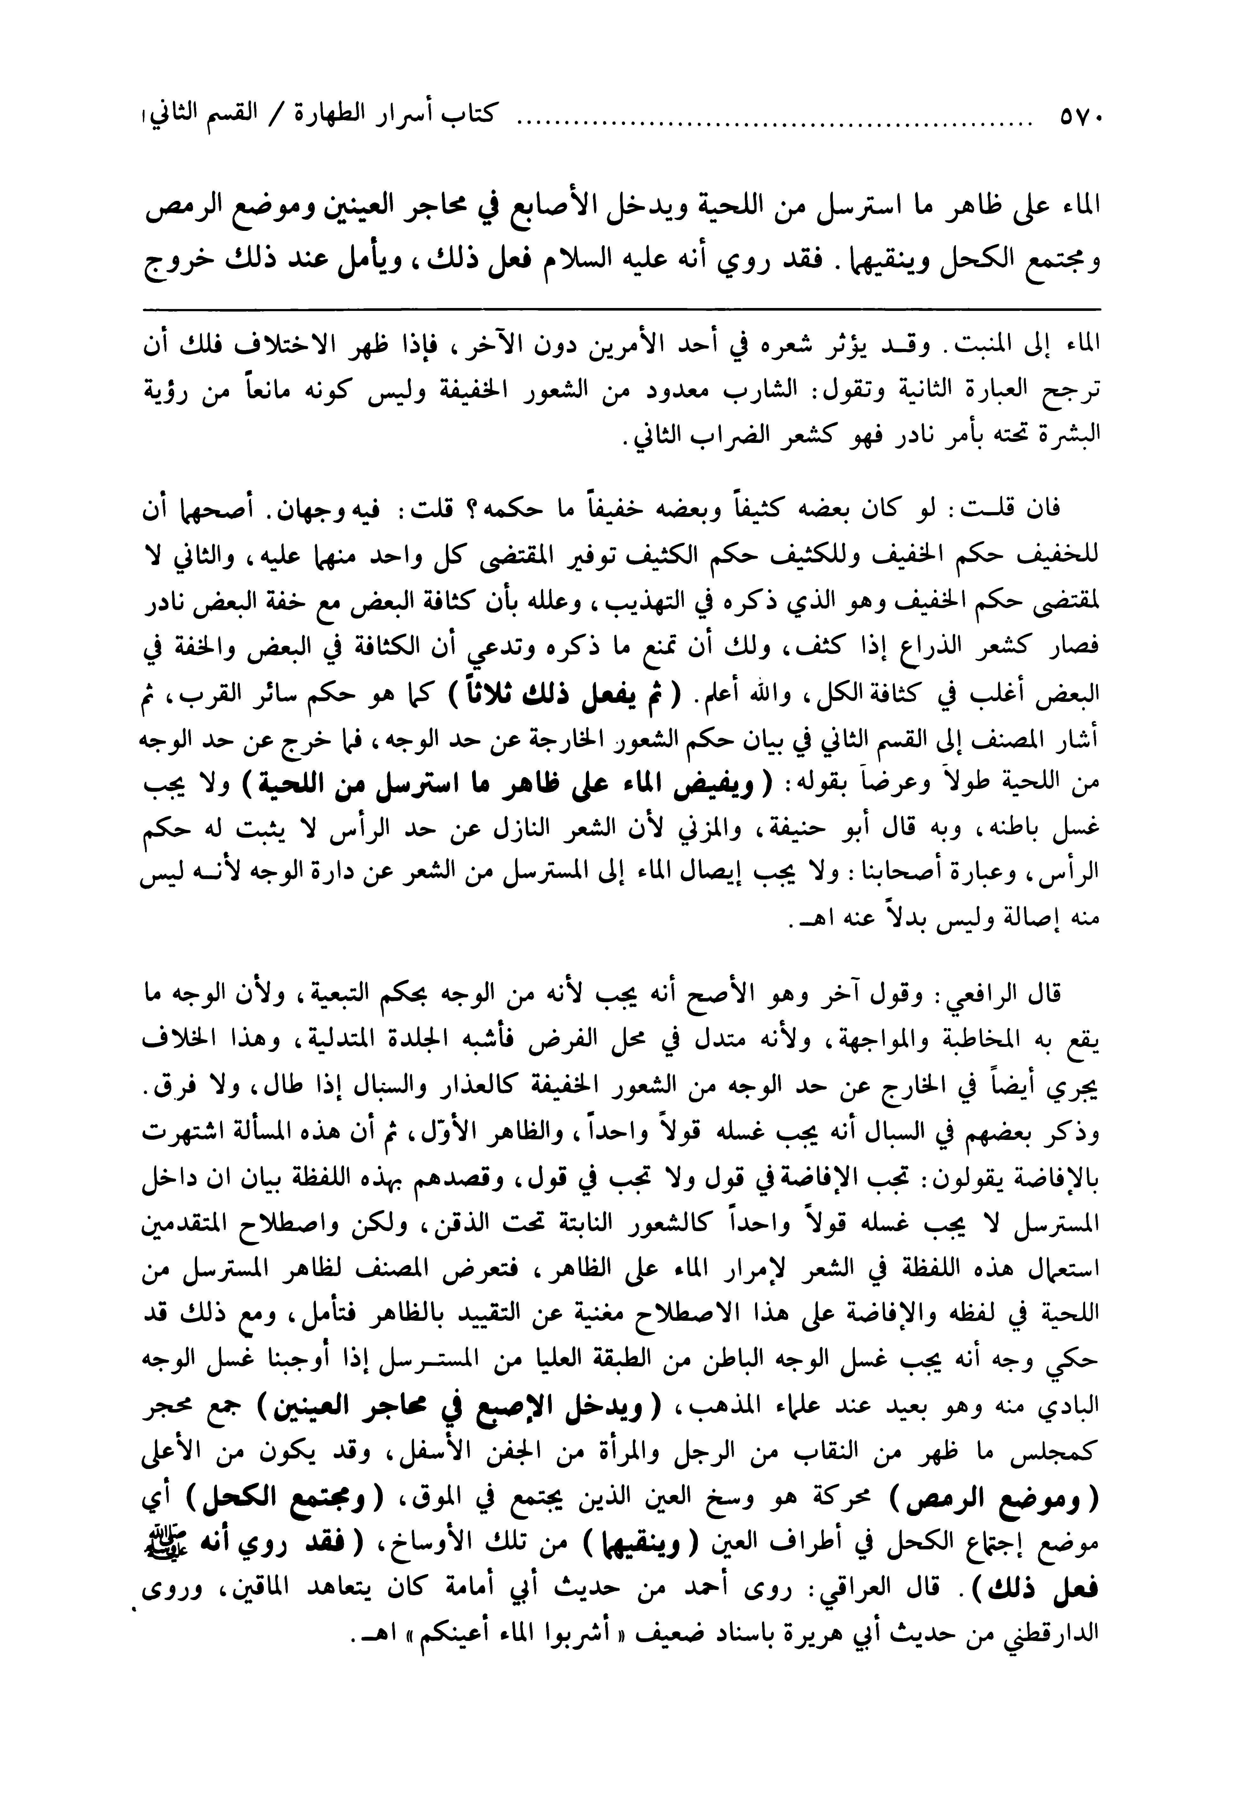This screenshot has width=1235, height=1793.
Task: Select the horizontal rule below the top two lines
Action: coord(619,309)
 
